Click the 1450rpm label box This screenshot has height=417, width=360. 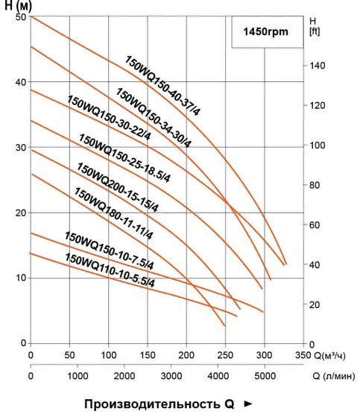[x=268, y=32]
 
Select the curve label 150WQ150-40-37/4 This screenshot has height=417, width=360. [x=162, y=86]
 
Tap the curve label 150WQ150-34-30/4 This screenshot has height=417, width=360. [x=154, y=118]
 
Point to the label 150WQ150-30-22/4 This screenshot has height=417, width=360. [x=109, y=117]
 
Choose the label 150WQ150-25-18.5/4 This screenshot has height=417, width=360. [x=124, y=157]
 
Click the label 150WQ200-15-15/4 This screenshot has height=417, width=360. [x=118, y=187]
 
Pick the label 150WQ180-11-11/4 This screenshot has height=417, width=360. [x=113, y=213]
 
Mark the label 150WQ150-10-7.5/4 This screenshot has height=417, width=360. [x=110, y=251]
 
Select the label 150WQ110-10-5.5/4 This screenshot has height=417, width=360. [x=110, y=270]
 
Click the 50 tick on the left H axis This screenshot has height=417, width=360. [x=21, y=17]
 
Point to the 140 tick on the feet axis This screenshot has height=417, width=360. [x=318, y=66]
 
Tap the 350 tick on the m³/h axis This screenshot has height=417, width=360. [x=303, y=355]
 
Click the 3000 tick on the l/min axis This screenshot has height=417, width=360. [x=171, y=376]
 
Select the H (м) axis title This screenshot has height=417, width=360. [x=18, y=6]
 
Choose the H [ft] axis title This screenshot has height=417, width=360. [x=315, y=26]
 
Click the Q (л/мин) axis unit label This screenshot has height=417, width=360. [x=334, y=376]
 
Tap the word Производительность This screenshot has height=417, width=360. [x=151, y=404]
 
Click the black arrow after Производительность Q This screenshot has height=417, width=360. [x=248, y=404]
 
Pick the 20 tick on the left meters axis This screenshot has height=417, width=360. [x=21, y=213]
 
